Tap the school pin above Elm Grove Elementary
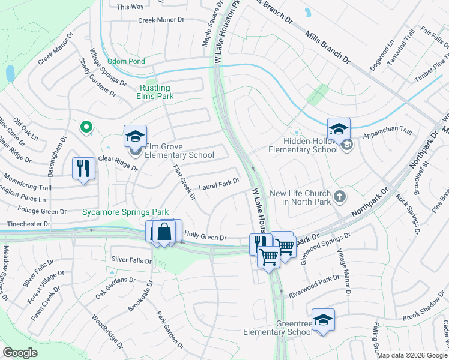click(135, 136)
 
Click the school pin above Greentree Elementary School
click(323, 320)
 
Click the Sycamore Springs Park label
click(125, 212)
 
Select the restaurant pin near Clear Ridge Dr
click(84, 167)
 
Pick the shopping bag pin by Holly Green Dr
click(164, 231)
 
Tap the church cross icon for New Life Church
click(339, 196)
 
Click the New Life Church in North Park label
click(300, 197)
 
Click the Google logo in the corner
click(20, 353)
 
